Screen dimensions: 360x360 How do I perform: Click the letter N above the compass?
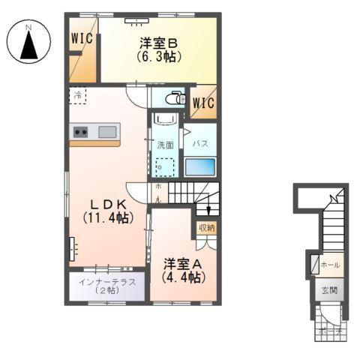[x=29, y=28]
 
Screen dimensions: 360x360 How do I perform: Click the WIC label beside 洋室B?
[x=82, y=37]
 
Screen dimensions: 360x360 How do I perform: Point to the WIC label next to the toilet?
[x=203, y=103]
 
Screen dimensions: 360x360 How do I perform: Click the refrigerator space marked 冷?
[x=78, y=95]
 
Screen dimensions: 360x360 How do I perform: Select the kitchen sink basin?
[x=107, y=132]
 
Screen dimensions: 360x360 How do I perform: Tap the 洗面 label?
[x=165, y=145]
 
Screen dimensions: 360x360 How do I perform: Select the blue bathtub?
[x=200, y=166]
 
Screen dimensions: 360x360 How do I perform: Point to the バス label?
[x=200, y=142]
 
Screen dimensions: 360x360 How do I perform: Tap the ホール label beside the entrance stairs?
[x=330, y=265]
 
